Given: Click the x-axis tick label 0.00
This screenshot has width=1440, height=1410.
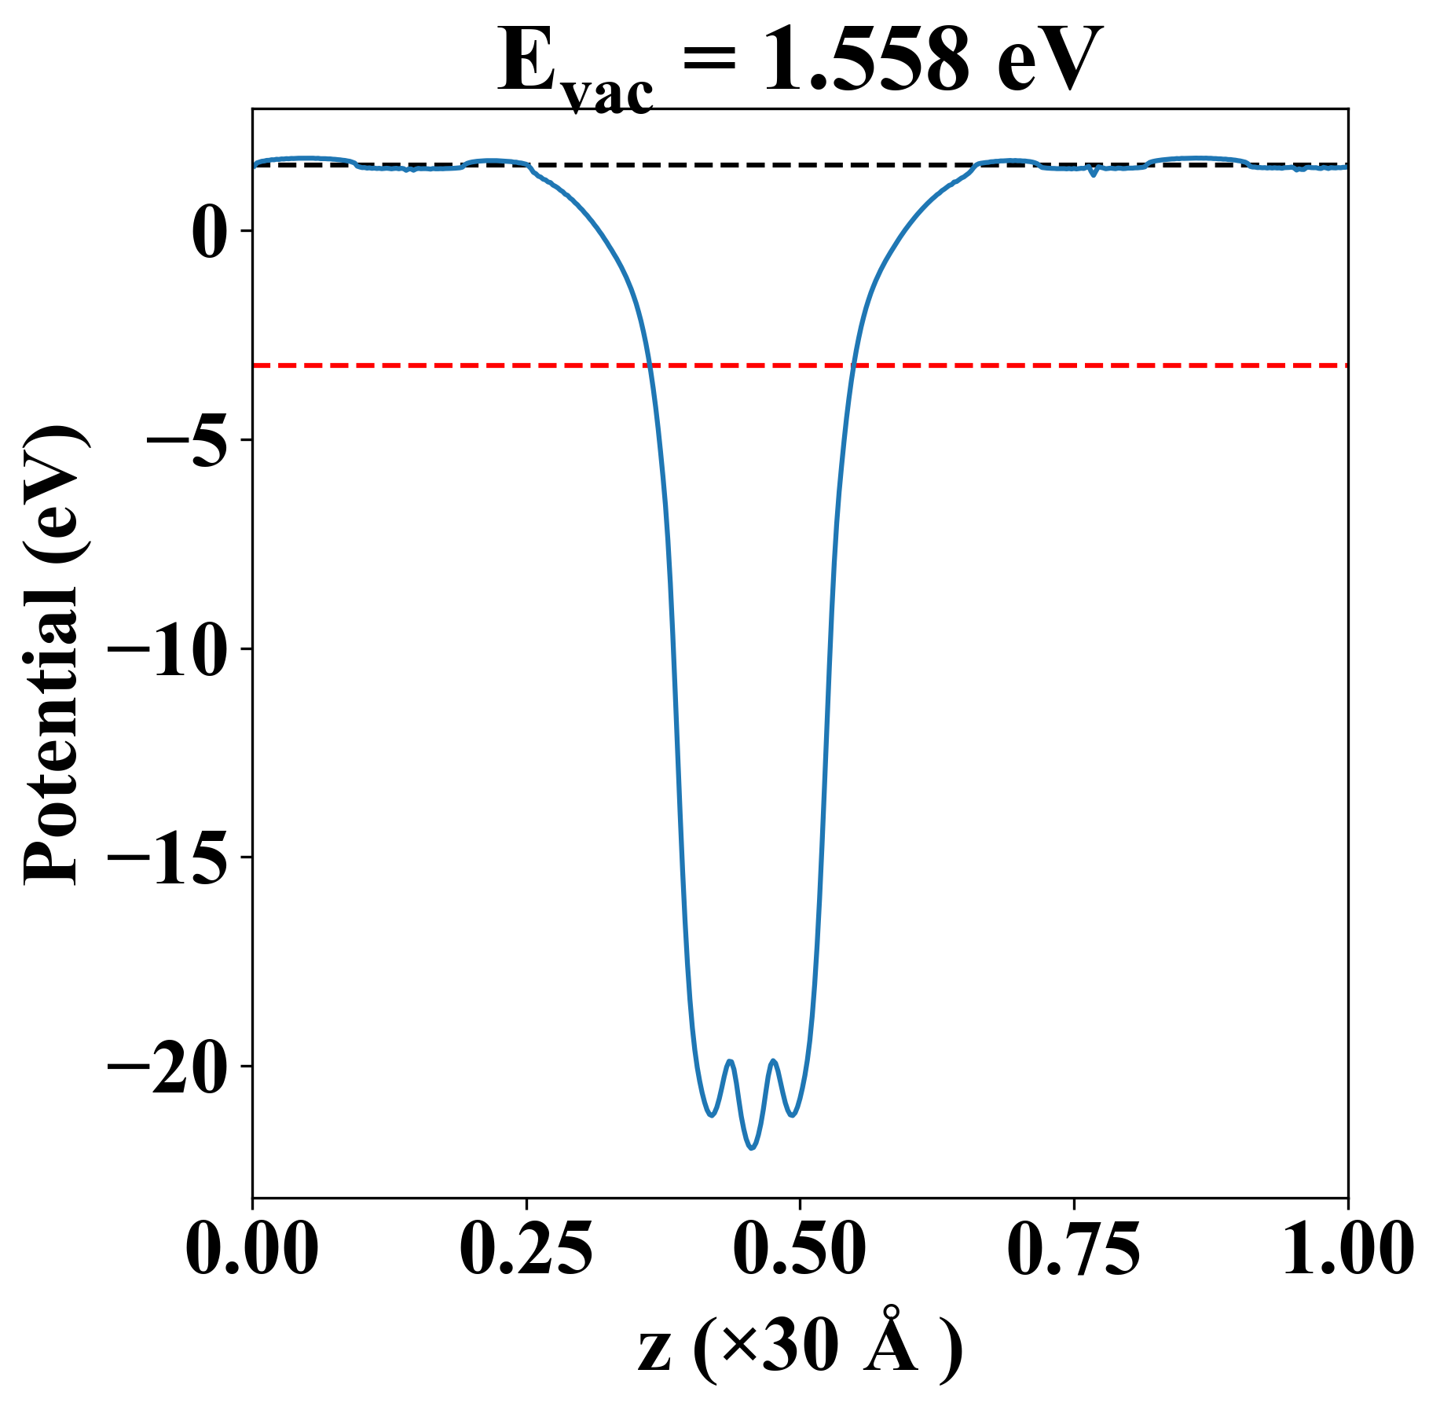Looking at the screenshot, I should [x=252, y=1250].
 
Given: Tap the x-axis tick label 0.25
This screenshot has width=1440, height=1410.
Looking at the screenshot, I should [x=526, y=1250].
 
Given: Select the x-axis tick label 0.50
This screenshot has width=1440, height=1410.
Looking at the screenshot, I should [x=800, y=1250].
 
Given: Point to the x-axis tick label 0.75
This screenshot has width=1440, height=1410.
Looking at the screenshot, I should [x=1073, y=1250].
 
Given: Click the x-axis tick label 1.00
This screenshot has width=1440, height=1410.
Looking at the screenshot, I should [x=1347, y=1250].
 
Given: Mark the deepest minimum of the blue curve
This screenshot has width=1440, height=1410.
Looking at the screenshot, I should [x=752, y=1148].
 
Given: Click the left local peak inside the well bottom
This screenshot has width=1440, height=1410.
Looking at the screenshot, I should [x=731, y=1061].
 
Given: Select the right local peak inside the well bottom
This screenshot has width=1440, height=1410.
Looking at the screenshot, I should [x=774, y=1061].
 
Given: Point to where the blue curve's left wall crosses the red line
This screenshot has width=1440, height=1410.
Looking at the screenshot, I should [x=650, y=365].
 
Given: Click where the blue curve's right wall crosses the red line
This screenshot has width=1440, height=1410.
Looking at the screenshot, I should [x=852, y=365].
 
